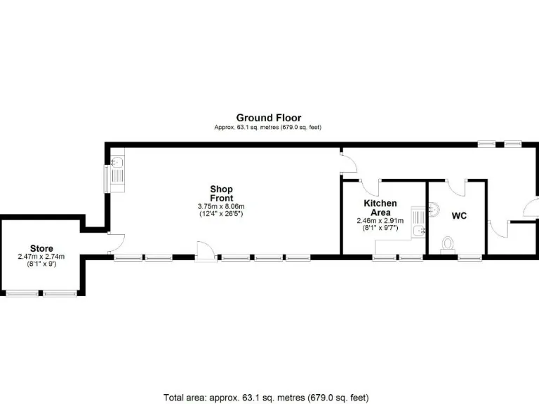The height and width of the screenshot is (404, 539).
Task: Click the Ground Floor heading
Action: coord(268,118)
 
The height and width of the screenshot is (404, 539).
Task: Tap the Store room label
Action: coord(41,248)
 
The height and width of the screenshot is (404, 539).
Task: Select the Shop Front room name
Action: coord(221,194)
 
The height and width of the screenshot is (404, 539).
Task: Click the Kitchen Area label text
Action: coord(380,208)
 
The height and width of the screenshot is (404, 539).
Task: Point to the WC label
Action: coord(459,216)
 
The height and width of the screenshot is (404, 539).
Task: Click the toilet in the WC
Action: coord(447,244)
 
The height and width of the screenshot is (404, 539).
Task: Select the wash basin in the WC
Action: coord(433,208)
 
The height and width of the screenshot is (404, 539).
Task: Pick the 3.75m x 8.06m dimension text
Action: coord(221,206)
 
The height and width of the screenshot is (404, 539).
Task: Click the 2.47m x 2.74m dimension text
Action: coord(41,257)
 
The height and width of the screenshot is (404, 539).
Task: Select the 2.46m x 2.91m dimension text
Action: coord(380,220)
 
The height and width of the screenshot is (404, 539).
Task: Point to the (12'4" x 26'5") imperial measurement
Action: coord(221,213)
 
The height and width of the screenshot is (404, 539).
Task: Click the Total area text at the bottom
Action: coord(266,398)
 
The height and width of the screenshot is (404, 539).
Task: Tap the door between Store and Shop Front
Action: coord(114,243)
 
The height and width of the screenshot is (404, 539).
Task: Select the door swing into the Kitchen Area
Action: coord(368,187)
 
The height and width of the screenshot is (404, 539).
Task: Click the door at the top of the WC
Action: coord(458,187)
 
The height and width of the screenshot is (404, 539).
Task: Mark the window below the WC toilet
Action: coord(468,257)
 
